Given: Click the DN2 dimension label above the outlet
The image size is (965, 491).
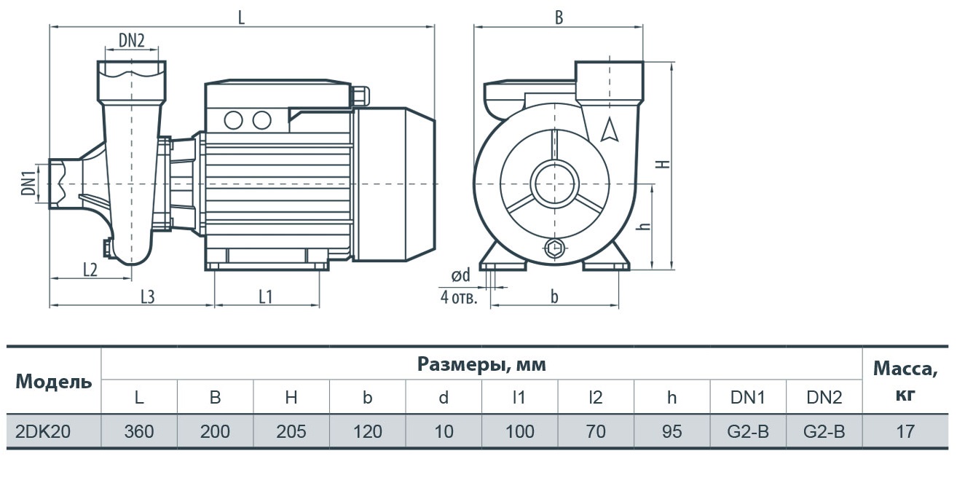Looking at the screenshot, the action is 131,41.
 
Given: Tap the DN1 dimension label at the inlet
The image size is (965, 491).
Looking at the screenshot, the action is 28,183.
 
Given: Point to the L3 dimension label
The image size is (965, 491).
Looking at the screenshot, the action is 147,297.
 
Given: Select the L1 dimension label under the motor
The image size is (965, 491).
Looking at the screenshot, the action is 266,297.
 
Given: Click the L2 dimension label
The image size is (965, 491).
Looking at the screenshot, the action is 90,270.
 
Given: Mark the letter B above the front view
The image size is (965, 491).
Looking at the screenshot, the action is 559,17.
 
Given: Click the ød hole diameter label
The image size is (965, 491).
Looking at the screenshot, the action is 460,275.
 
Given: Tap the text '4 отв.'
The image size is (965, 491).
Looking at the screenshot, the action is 459,297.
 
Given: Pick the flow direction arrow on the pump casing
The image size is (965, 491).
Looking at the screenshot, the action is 609,130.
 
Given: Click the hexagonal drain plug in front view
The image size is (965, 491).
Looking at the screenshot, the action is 554,248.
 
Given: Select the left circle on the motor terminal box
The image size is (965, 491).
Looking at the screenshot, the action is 234,120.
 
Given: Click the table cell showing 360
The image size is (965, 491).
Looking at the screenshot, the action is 139,431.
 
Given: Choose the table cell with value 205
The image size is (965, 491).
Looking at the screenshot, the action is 291,431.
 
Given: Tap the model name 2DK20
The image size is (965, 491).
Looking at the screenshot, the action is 43,431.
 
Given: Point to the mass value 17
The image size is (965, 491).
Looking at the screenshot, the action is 905,431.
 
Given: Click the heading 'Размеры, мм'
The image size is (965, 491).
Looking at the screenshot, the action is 481,364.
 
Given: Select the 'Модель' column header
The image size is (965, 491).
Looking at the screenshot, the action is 54,382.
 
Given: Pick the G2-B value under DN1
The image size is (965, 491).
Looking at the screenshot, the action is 748,431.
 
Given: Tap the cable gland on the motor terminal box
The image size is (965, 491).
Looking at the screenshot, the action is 361,96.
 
